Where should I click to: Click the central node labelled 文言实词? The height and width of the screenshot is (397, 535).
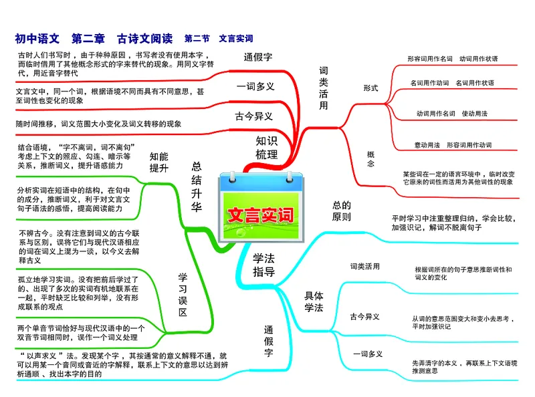tap(260, 216)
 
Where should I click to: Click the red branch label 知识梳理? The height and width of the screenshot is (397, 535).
tap(266, 148)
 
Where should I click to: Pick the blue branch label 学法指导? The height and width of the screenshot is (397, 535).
tap(263, 265)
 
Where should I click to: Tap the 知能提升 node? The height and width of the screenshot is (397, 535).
tap(159, 162)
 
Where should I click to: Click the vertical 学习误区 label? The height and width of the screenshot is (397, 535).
tap(182, 295)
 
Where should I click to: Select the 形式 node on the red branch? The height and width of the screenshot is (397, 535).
tap(370, 88)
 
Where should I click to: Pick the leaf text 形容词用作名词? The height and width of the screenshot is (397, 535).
tap(430, 59)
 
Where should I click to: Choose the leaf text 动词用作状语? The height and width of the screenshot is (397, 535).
tap(479, 59)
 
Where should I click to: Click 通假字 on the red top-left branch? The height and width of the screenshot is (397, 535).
tap(258, 57)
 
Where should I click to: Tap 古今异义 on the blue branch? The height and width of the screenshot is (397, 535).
tap(365, 316)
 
